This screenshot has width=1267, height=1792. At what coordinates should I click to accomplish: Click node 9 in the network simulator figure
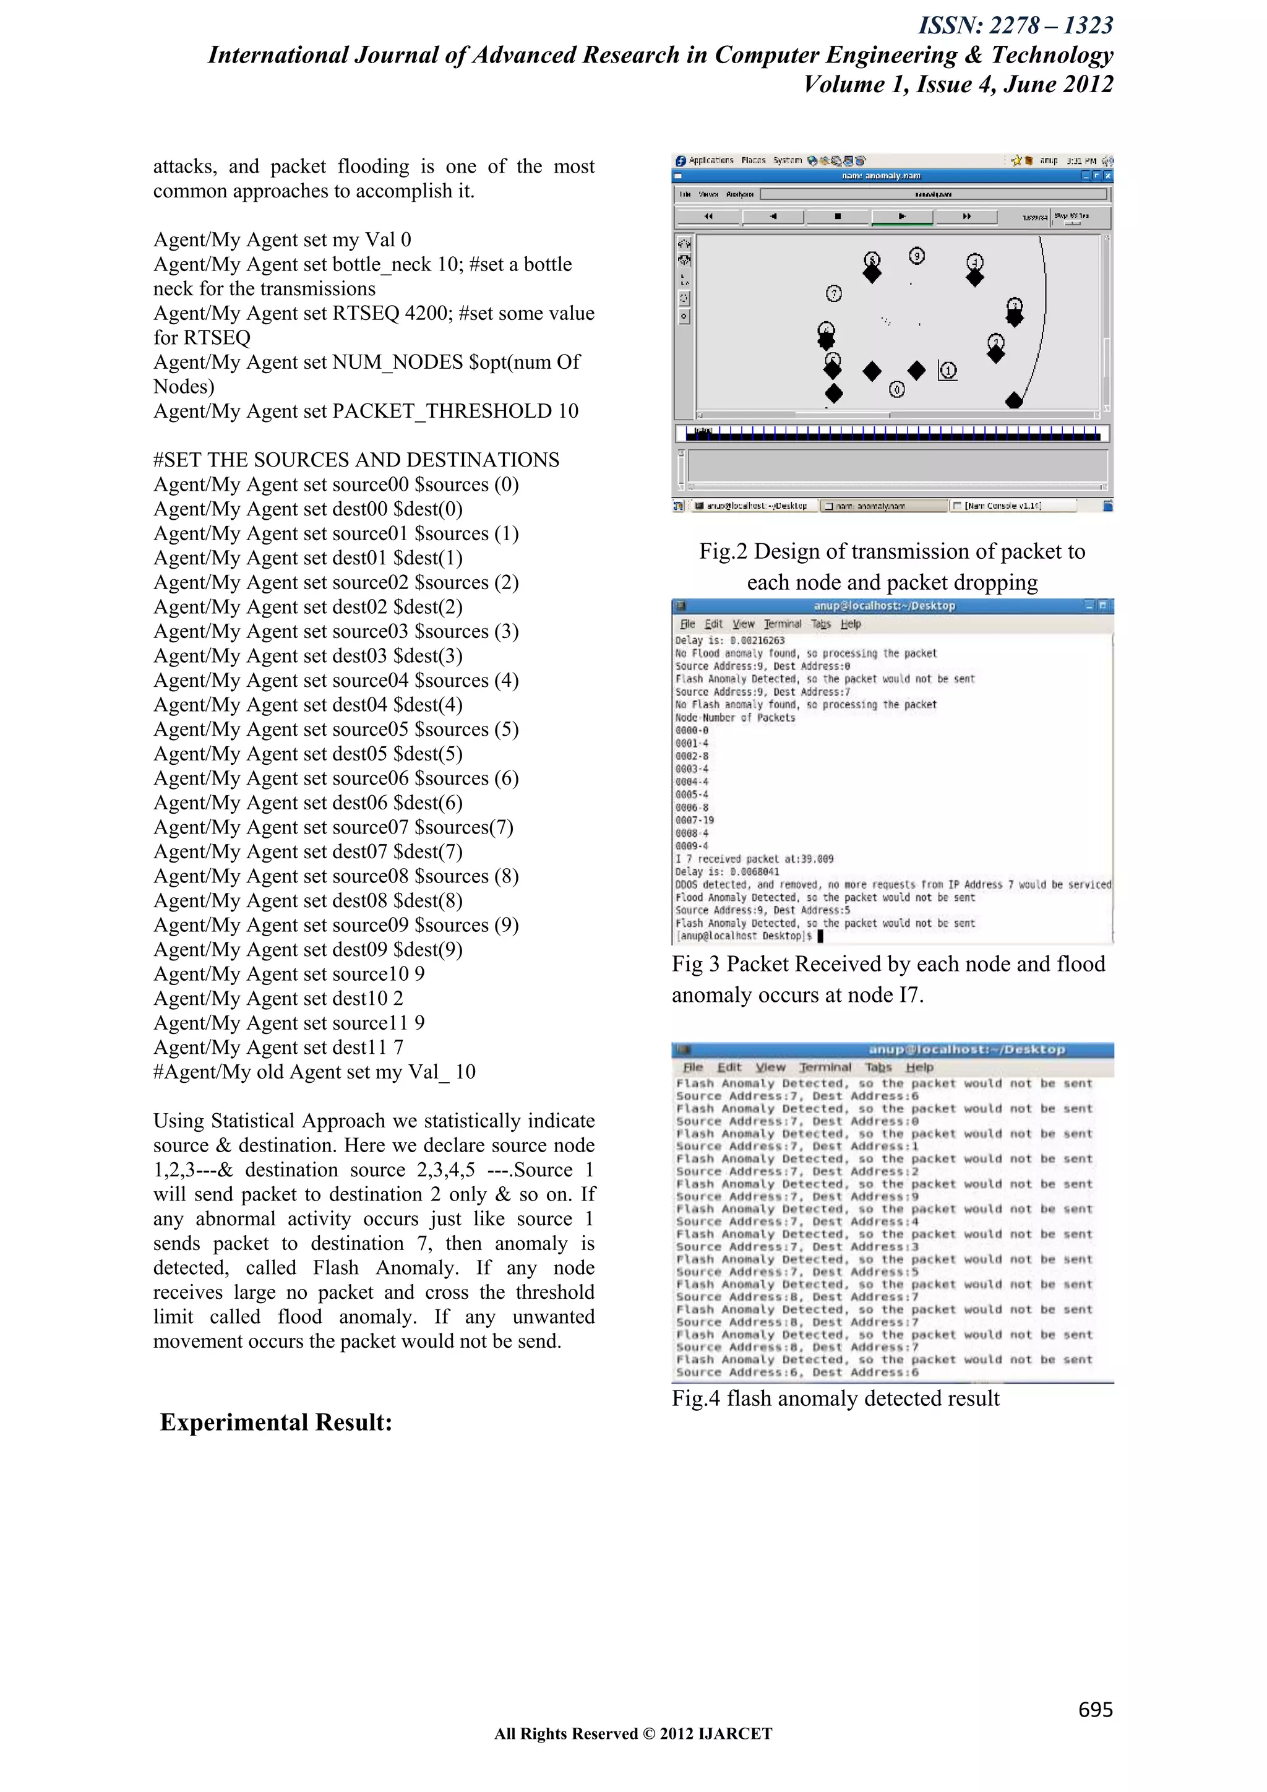pos(917,255)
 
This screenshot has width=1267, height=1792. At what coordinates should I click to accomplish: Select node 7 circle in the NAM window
pos(834,293)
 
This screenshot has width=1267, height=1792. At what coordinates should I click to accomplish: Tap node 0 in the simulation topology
pos(897,389)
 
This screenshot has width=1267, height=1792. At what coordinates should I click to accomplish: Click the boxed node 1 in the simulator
pos(948,371)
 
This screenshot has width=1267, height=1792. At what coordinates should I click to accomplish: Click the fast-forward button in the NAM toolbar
pos(966,216)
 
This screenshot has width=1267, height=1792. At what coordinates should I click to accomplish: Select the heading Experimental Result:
pos(275,1422)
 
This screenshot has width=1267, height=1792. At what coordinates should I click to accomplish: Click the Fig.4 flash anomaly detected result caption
pos(835,1398)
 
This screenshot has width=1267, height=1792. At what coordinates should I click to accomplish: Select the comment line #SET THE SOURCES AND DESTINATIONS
pos(356,460)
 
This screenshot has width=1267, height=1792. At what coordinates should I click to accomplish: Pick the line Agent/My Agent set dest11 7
pos(278,1048)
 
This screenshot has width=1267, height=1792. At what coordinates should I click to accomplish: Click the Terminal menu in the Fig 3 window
pos(782,624)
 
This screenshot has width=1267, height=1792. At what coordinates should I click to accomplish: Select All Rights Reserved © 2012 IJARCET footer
pos(633,1733)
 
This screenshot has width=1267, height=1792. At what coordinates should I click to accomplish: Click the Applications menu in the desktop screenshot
pos(710,160)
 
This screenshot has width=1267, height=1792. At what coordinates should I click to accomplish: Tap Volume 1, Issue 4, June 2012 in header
pos(958,84)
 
